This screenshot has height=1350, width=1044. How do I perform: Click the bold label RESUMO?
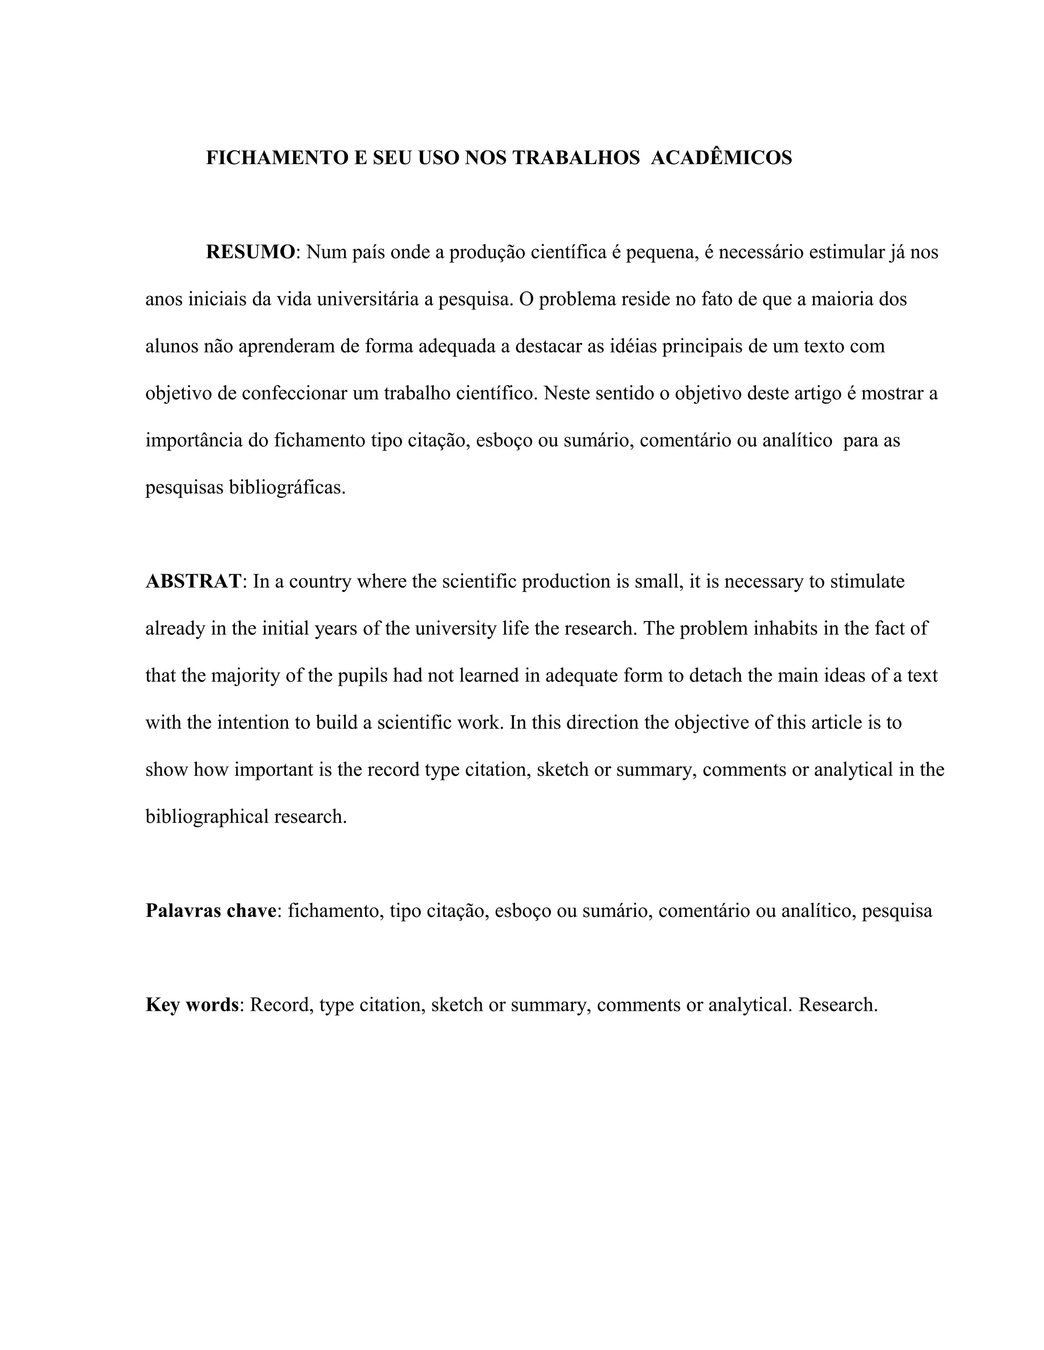point(250,252)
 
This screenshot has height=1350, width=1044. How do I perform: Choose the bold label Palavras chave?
point(211,911)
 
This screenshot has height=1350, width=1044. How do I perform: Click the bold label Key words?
point(192,1005)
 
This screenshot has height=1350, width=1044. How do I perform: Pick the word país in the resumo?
point(369,252)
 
